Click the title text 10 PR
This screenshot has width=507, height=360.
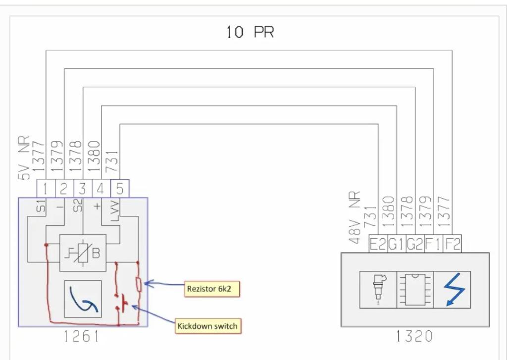pyautogui.click(x=250, y=33)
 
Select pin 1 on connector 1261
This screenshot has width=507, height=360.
pyautogui.click(x=46, y=189)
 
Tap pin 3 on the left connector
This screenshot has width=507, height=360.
pyautogui.click(x=83, y=189)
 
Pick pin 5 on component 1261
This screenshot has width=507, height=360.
pyautogui.click(x=120, y=189)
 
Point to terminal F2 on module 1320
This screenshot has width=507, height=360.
pyautogui.click(x=452, y=244)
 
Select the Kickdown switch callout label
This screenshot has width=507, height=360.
pyautogui.click(x=208, y=326)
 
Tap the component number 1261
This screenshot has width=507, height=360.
pyautogui.click(x=81, y=337)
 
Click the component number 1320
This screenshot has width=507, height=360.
pyautogui.click(x=414, y=337)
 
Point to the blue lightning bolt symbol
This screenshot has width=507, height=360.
pyautogui.click(x=452, y=290)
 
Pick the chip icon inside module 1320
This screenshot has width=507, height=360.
pyautogui.click(x=415, y=290)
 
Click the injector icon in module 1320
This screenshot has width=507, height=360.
pyautogui.click(x=378, y=290)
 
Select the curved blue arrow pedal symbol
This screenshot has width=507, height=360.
pyautogui.click(x=83, y=299)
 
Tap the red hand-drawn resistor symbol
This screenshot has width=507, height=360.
pyautogui.click(x=139, y=285)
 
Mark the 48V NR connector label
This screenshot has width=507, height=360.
pyautogui.click(x=355, y=218)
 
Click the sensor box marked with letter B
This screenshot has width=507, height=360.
pyautogui.click(x=83, y=253)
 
